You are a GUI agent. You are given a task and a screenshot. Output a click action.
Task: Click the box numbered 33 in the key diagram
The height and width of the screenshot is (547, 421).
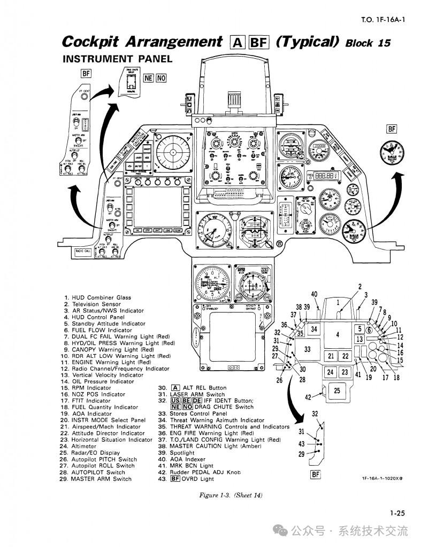click(307, 349)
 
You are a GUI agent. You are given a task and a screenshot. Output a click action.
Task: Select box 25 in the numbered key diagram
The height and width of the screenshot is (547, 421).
click(337, 390)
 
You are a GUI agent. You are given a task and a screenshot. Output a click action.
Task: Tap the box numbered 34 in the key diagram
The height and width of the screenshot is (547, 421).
click(315, 329)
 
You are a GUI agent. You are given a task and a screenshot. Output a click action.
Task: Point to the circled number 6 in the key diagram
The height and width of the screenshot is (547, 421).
click(369, 330)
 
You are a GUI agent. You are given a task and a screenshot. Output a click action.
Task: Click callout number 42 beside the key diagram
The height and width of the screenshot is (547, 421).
click(308, 397)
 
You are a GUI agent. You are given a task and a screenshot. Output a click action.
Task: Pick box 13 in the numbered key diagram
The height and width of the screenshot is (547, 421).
click(360, 339)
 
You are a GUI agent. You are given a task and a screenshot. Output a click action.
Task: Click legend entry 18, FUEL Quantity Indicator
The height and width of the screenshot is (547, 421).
click(98, 407)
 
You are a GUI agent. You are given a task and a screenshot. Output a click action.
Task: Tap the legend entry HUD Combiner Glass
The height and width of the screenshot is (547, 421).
click(101, 298)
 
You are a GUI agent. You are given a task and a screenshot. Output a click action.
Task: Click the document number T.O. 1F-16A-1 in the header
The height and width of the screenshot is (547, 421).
click(383, 21)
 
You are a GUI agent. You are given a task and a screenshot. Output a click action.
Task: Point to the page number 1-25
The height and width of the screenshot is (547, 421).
click(397, 513)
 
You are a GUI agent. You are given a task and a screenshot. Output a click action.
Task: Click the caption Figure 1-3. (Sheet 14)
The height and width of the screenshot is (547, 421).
click(231, 495)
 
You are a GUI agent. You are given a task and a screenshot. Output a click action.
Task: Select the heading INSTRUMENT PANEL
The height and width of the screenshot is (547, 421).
click(118, 59)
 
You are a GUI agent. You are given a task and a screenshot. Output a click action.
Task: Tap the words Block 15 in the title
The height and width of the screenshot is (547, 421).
click(369, 43)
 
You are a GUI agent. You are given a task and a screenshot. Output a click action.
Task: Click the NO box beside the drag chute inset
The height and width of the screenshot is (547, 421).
click(161, 78)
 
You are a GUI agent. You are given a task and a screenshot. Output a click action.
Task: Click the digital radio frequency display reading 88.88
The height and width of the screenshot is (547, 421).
click(326, 175)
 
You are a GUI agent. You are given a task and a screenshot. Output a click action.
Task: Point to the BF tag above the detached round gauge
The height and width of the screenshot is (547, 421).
click(392, 129)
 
